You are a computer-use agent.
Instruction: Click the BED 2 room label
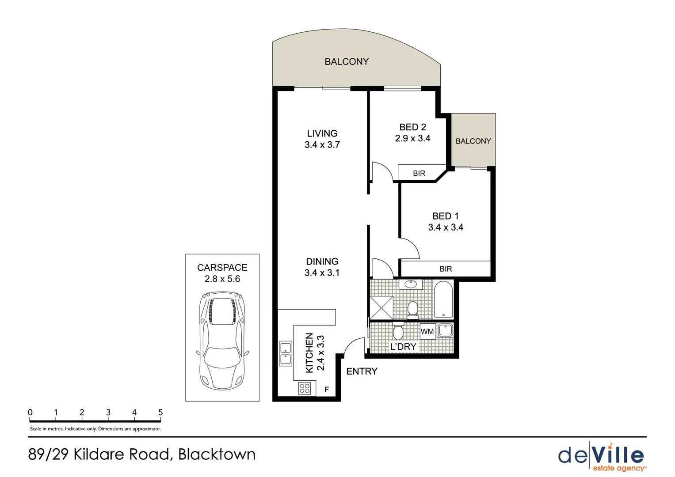[x=412, y=127]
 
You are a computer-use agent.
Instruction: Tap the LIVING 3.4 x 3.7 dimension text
[x=322, y=145]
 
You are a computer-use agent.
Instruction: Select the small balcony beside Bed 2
[x=473, y=140]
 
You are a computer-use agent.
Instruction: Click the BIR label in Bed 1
[x=446, y=269]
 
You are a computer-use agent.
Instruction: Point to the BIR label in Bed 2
[x=419, y=173]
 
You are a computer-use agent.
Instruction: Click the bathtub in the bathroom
[x=443, y=300]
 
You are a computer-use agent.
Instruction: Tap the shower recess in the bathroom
[x=381, y=307]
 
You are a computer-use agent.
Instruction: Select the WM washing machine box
[x=427, y=331]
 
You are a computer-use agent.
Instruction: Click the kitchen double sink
[x=286, y=353]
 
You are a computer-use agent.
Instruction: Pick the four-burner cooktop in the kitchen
[x=305, y=389]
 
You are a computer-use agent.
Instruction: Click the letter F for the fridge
[x=327, y=390]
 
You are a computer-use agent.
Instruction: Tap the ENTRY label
[x=362, y=371]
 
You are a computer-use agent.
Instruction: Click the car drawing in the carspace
[x=222, y=340]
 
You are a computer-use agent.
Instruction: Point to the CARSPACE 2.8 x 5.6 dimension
[x=222, y=279]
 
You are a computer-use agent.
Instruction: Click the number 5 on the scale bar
[x=160, y=412]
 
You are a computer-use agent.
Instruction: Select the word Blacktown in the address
[x=217, y=454]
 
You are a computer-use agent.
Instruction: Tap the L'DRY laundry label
[x=403, y=347]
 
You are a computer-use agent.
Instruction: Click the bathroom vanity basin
[x=411, y=284]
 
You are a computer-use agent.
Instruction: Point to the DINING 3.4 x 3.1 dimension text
[x=322, y=273]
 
